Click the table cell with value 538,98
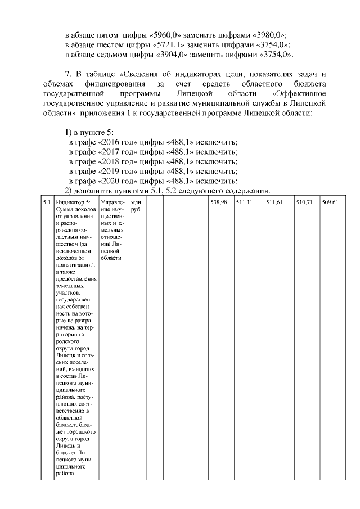pos(218,202)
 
